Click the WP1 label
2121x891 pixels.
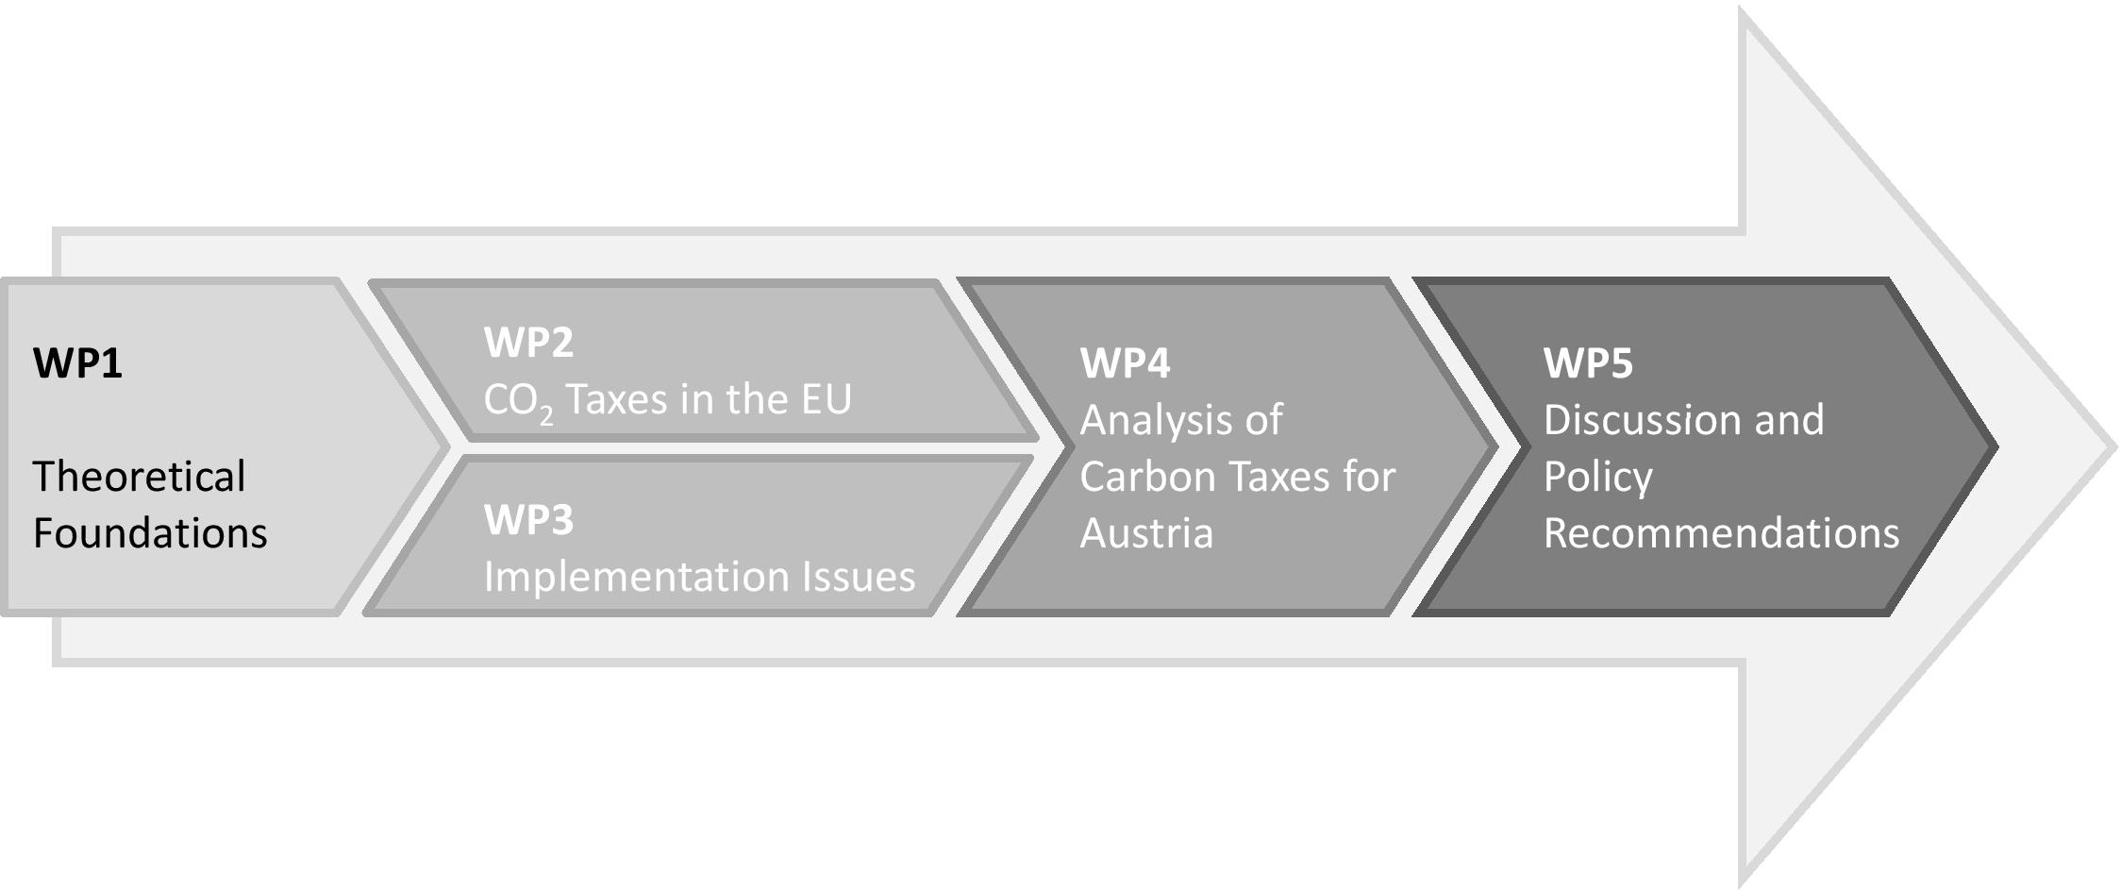pos(77,363)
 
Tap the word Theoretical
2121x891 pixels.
pos(139,477)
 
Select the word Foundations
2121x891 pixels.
pos(150,533)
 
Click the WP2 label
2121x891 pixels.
pos(528,342)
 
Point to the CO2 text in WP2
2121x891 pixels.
pos(518,401)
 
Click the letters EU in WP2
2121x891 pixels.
pos(826,399)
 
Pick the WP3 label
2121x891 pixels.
pos(528,520)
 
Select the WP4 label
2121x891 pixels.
pos(1125,363)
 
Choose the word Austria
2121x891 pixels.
pos(1146,533)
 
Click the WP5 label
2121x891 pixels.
pos(1588,363)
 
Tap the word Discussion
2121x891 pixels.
pos(1643,420)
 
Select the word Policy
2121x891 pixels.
pos(1597,478)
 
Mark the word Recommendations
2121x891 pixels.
pos(1721,533)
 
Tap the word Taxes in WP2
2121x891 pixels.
pos(618,399)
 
